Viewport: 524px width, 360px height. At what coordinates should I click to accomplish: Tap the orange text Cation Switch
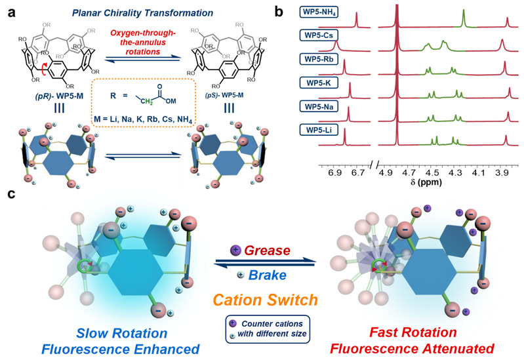262,298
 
